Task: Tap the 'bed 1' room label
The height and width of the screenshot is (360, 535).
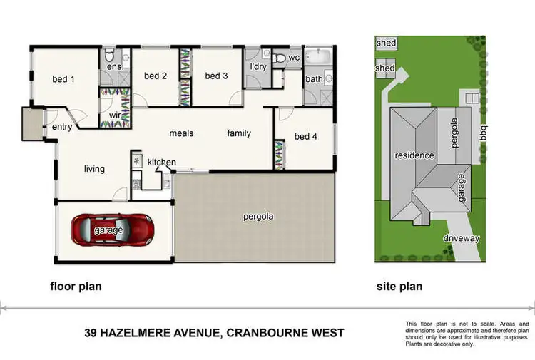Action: (63, 79)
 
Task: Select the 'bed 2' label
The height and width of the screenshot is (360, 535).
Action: (156, 76)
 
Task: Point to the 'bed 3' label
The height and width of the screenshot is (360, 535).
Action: (216, 76)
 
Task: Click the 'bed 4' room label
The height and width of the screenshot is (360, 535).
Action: (305, 136)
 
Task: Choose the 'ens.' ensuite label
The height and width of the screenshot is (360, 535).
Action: (114, 66)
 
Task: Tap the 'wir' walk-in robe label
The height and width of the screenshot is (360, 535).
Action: (114, 115)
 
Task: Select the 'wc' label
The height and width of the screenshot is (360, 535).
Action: (293, 58)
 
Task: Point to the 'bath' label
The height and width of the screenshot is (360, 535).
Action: (314, 79)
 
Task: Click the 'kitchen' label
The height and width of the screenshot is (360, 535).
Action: (161, 162)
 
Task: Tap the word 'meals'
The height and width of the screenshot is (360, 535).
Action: (181, 133)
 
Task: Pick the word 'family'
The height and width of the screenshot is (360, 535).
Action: (239, 133)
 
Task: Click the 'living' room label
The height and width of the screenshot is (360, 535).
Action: (94, 169)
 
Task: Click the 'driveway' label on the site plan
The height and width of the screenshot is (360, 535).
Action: (461, 238)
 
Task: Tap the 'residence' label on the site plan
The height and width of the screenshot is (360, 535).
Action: (414, 155)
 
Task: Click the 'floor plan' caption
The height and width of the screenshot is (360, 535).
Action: (76, 287)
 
